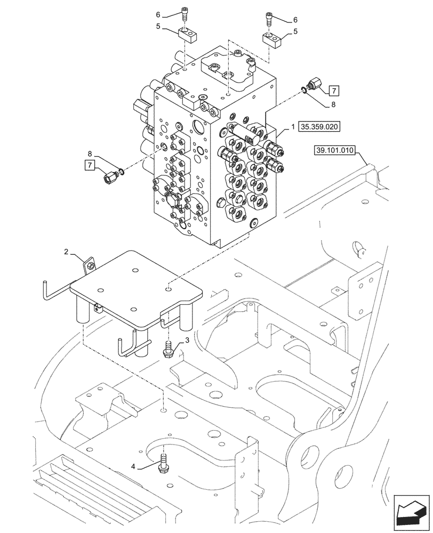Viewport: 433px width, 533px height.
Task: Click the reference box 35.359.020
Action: click(x=320, y=127)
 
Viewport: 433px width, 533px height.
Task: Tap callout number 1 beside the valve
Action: click(x=293, y=127)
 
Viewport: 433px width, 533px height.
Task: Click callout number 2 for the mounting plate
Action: click(x=67, y=251)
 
